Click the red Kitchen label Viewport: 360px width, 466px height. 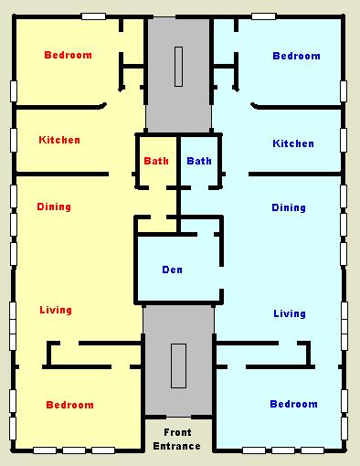59,140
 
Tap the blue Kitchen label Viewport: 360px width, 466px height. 293,143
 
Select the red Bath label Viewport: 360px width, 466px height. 156,161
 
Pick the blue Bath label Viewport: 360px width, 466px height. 199,161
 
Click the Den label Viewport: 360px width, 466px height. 172,270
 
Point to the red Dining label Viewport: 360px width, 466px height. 54,207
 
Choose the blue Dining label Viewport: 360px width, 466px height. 289,207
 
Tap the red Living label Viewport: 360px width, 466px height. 56,310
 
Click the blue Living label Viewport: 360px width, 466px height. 290,313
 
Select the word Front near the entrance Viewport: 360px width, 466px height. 177,432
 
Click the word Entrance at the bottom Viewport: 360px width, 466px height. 176,446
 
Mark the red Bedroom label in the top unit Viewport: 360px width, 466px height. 68,55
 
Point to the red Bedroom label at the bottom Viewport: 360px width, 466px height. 69,405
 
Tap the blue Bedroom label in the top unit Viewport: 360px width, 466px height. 296,56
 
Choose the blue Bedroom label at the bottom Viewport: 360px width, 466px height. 293,404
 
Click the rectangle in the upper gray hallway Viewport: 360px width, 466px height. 179,67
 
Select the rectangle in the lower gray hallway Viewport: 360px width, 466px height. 178,365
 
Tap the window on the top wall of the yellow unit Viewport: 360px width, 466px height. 93,16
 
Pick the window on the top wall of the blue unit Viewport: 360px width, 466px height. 264,16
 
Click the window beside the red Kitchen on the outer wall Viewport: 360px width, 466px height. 14,140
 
